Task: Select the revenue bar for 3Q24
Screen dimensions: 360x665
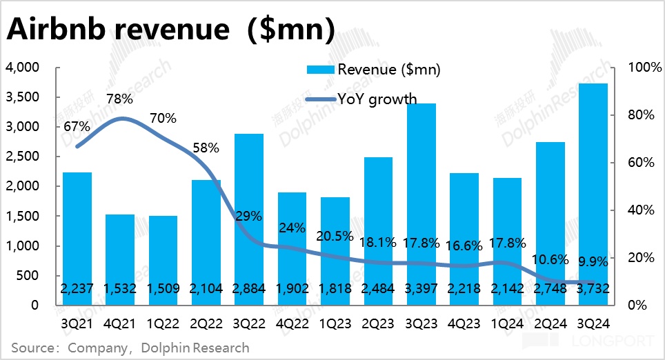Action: click(x=593, y=193)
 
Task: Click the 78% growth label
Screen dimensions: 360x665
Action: click(x=119, y=99)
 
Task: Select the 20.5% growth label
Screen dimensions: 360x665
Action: click(x=335, y=235)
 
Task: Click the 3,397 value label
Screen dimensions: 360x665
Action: click(x=420, y=289)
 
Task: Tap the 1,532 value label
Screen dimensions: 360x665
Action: click(x=119, y=289)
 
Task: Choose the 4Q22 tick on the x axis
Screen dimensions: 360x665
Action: click(x=291, y=323)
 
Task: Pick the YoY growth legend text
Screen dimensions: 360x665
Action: click(x=377, y=99)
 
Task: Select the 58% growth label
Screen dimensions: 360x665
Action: click(x=206, y=148)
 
